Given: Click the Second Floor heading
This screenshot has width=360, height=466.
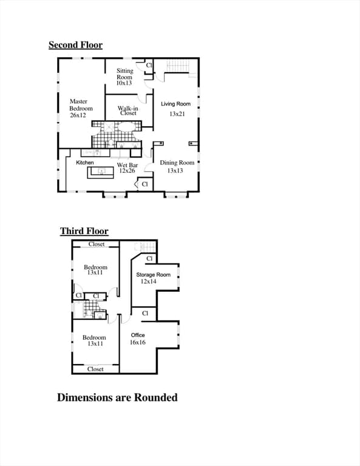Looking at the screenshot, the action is (x=75, y=45).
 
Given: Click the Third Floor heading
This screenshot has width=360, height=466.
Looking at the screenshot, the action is (x=84, y=231).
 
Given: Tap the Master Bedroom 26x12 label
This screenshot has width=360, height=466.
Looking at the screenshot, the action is (x=81, y=108).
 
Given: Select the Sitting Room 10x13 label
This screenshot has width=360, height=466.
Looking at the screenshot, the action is (x=124, y=76).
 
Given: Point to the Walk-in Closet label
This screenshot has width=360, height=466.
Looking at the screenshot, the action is (x=128, y=110).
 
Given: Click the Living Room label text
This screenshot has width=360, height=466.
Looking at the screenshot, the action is (x=175, y=104).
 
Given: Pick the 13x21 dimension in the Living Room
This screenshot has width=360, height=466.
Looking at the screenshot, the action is (x=177, y=113).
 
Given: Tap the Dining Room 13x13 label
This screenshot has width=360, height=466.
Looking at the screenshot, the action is (x=177, y=166).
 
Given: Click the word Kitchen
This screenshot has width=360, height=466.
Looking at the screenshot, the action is (x=85, y=162).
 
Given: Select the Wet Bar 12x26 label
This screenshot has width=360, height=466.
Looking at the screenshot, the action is (x=127, y=167).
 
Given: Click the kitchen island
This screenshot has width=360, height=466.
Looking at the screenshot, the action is (x=101, y=172).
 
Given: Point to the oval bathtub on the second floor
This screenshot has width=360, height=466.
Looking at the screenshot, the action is (x=127, y=127).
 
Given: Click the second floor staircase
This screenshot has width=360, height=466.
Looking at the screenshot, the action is (x=177, y=66).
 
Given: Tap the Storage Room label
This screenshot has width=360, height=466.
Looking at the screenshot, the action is (x=154, y=275).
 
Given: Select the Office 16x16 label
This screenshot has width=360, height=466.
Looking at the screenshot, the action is (x=138, y=339).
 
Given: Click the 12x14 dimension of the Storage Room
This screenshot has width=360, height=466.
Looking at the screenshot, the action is (x=148, y=281).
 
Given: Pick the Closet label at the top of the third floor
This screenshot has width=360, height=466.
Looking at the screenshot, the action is (x=97, y=244).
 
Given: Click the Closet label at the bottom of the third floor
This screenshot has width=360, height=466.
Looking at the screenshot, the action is (x=95, y=369).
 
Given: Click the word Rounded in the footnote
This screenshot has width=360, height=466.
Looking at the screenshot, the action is (x=156, y=397).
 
